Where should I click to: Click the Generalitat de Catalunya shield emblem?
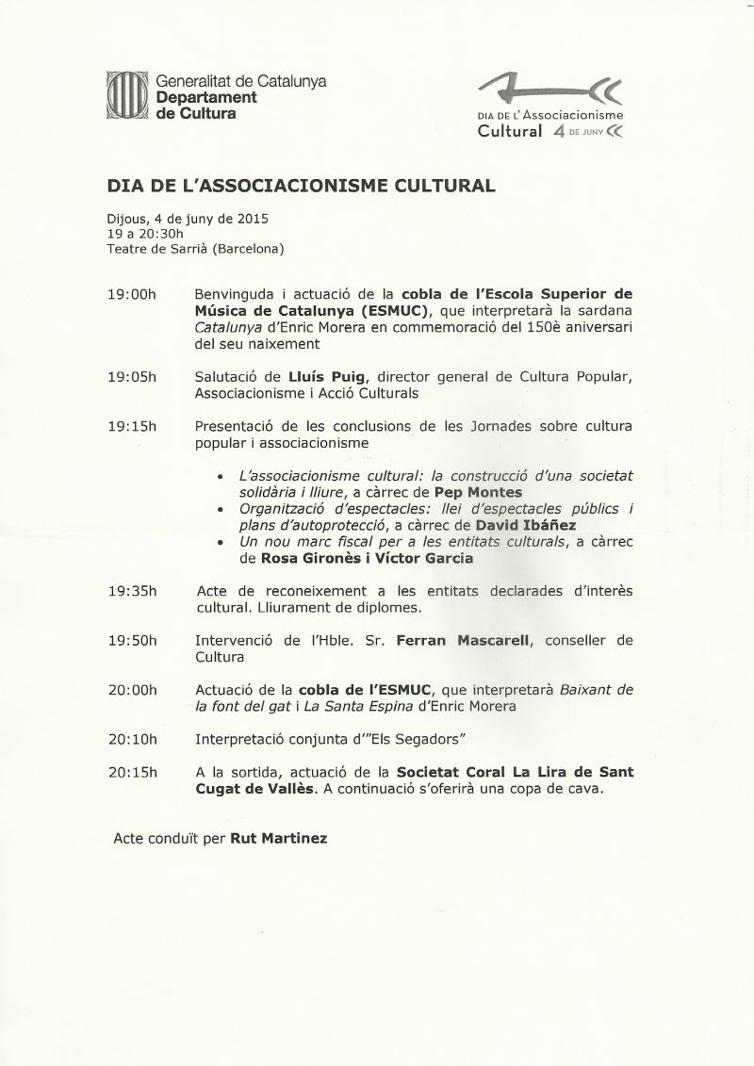click(x=127, y=96)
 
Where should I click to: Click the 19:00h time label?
click(x=132, y=294)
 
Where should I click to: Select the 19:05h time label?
click(x=132, y=377)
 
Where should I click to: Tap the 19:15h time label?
click(x=132, y=426)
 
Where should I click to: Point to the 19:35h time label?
click(x=132, y=591)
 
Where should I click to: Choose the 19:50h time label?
click(x=132, y=640)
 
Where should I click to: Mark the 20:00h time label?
click(x=132, y=689)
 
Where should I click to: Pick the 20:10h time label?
click(x=132, y=738)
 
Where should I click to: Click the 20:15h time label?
click(x=132, y=772)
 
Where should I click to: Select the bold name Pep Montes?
click(x=479, y=492)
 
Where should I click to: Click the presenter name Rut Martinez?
click(x=279, y=837)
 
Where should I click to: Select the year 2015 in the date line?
click(x=253, y=219)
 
